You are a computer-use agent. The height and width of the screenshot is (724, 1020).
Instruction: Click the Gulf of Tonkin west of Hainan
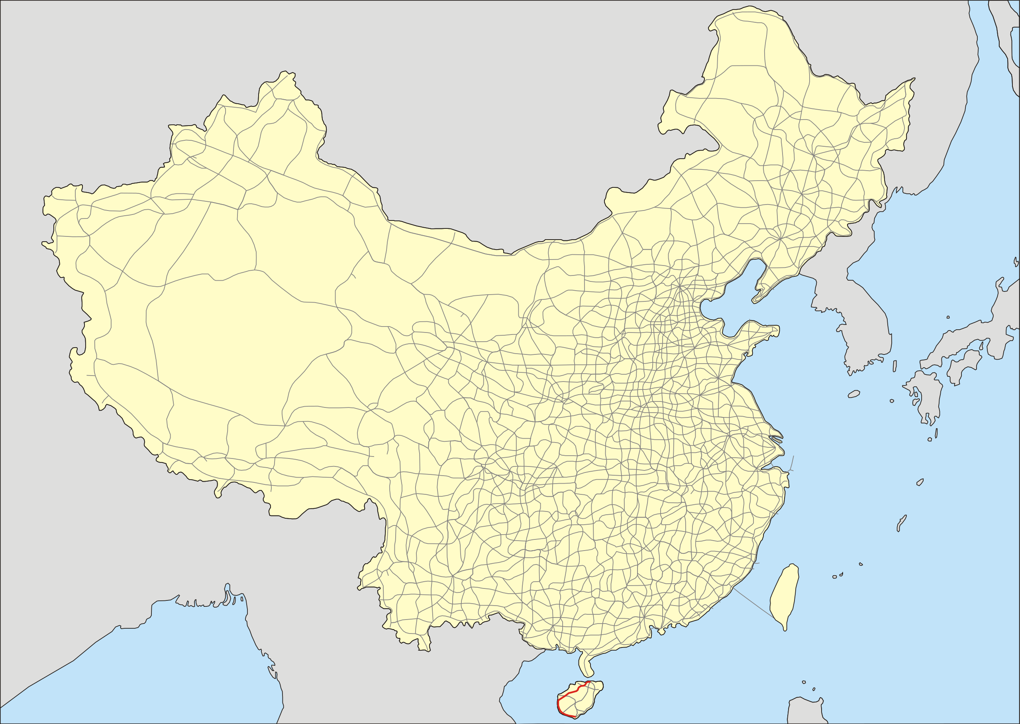click(534, 687)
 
